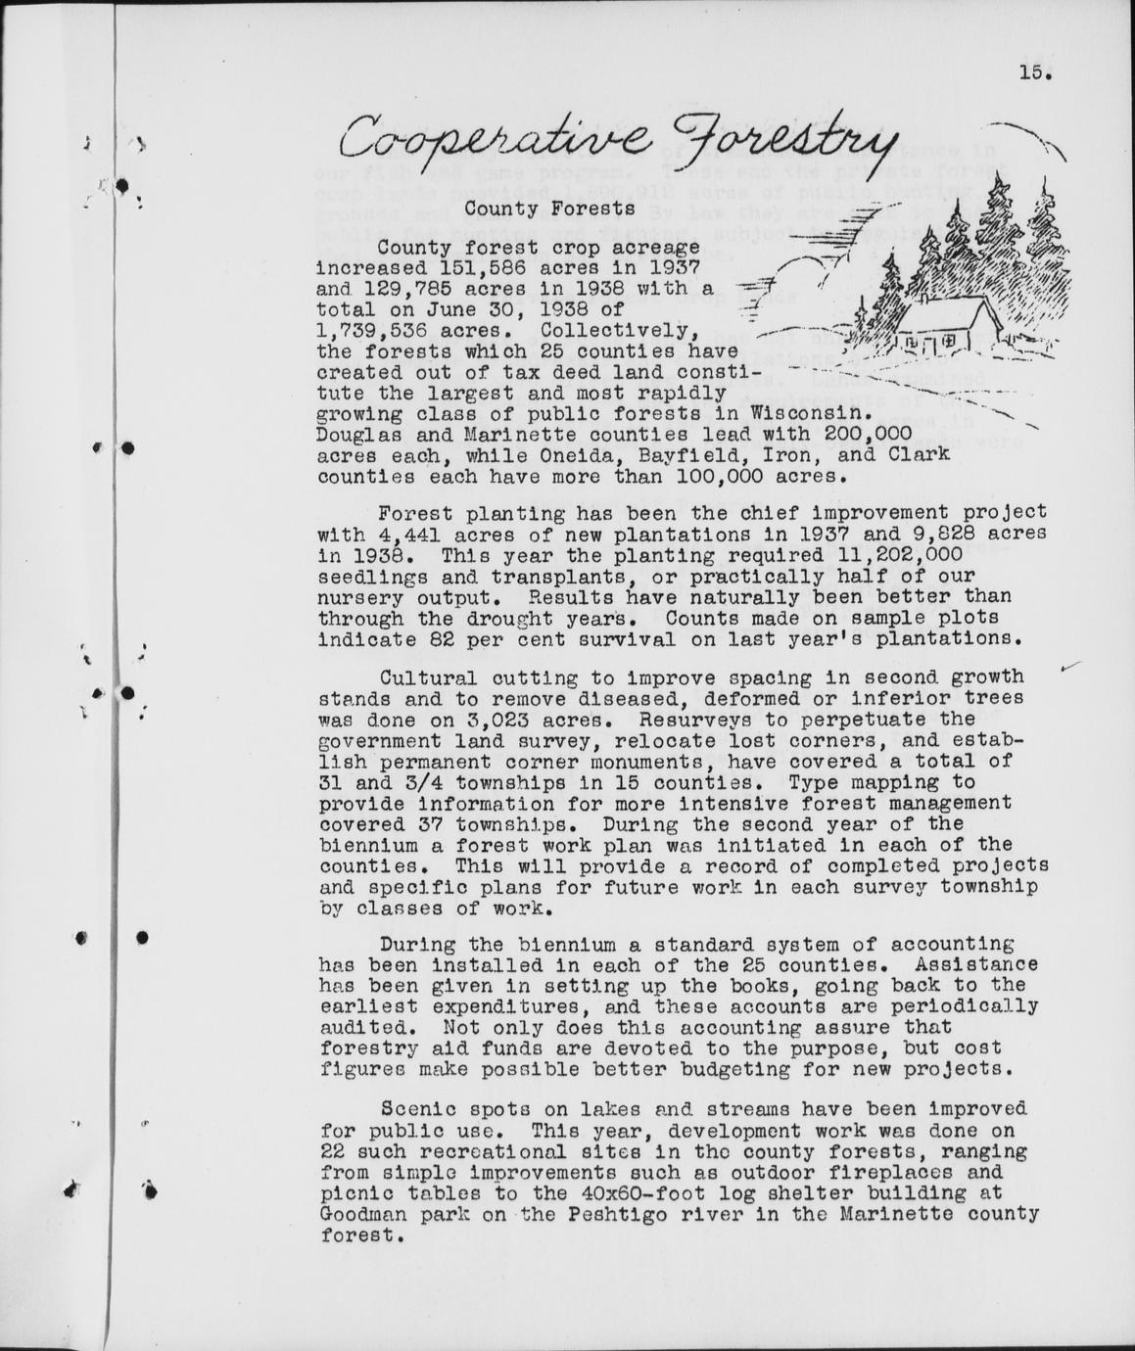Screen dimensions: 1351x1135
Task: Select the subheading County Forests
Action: (x=549, y=209)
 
